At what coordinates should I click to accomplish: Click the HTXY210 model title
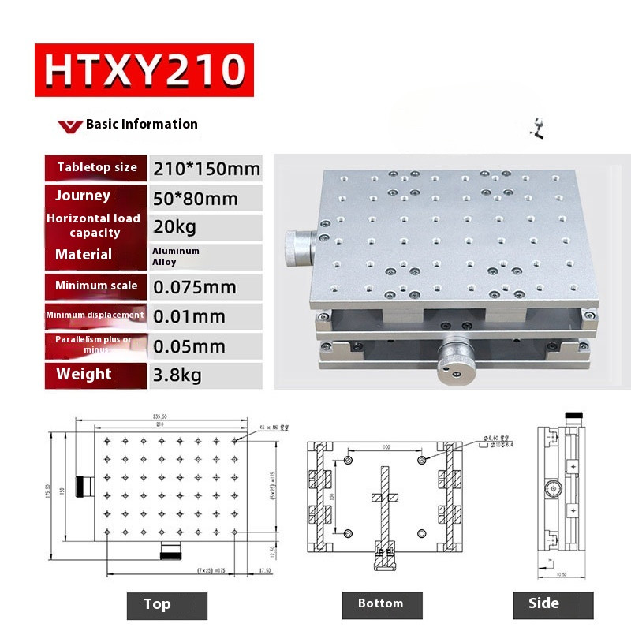(144, 69)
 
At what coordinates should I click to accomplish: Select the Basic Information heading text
(141, 124)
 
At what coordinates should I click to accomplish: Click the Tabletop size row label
(97, 167)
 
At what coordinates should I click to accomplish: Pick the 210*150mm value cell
(207, 169)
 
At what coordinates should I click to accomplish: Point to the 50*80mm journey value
(196, 197)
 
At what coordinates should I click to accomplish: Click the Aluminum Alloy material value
(176, 256)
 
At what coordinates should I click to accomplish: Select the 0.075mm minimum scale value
(195, 286)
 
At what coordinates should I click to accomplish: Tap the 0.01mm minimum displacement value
(189, 316)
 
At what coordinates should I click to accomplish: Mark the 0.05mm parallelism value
(189, 346)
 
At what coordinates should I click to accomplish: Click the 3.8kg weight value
(177, 375)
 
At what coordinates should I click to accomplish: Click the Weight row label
(84, 375)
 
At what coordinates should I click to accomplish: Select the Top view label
(157, 604)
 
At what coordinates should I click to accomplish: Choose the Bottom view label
(380, 604)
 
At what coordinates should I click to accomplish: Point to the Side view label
(543, 604)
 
